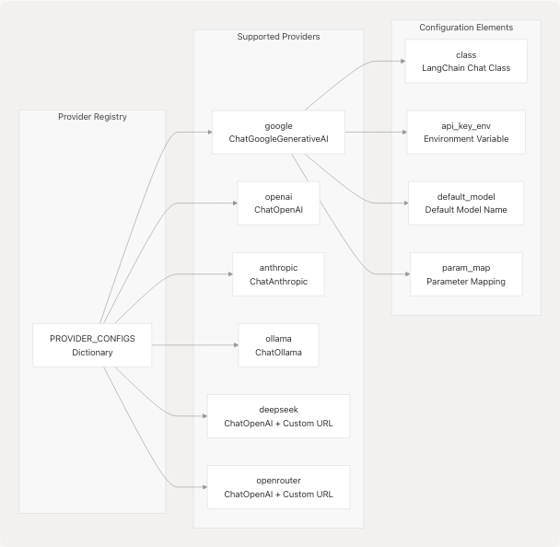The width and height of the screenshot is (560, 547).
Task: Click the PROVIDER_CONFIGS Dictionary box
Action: (x=91, y=344)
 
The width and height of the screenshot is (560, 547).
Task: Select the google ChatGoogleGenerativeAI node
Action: (x=278, y=132)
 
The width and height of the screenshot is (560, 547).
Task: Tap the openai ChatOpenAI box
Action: (x=278, y=203)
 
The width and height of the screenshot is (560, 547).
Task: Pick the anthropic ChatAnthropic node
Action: (x=278, y=273)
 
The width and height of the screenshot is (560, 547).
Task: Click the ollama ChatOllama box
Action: (x=278, y=345)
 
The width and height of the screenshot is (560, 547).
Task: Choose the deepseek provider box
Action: (x=278, y=416)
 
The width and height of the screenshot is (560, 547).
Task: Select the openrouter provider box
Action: (x=278, y=487)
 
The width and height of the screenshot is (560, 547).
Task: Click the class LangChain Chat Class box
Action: (x=466, y=62)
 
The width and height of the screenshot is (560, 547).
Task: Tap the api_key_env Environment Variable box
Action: (x=466, y=132)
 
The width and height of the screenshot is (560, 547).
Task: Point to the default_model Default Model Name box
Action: (x=466, y=203)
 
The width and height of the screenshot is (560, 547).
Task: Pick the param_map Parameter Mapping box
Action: (x=466, y=273)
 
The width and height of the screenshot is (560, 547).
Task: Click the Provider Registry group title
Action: (x=92, y=117)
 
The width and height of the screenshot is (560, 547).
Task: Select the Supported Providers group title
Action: (x=278, y=36)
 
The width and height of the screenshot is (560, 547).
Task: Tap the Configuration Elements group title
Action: (x=466, y=27)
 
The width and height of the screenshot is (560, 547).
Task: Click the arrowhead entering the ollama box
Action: (x=234, y=345)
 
